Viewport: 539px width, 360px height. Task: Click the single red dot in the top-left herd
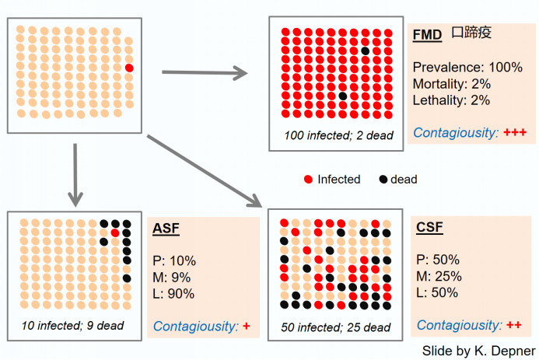[x=129, y=68]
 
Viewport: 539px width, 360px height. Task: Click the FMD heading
[x=427, y=35]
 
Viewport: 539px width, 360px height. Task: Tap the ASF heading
[x=166, y=229]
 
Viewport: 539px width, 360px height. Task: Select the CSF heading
[x=429, y=227]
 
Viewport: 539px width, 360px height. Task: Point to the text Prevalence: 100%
[x=467, y=67]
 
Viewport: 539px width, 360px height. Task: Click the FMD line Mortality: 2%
[x=452, y=84]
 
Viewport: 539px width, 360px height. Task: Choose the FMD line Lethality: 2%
[x=451, y=100]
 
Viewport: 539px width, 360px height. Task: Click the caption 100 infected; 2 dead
[x=338, y=135]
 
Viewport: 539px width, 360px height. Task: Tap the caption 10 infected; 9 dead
[x=72, y=325]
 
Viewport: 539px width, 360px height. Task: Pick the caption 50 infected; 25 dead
[x=336, y=327]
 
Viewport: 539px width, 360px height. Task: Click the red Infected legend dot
[x=308, y=180]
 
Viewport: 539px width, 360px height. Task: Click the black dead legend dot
[x=383, y=180]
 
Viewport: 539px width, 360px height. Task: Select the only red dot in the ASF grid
[x=115, y=233]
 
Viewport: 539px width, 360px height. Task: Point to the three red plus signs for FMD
[x=515, y=132]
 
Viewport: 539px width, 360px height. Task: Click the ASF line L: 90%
[x=173, y=294]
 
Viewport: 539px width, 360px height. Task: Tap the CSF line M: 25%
[x=439, y=276]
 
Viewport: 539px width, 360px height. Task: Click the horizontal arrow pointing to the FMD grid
[x=205, y=72]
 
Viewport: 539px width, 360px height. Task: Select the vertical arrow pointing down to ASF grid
[x=75, y=175]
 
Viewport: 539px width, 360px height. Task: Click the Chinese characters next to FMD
[x=471, y=33]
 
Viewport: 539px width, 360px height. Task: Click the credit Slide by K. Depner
[x=479, y=351]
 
